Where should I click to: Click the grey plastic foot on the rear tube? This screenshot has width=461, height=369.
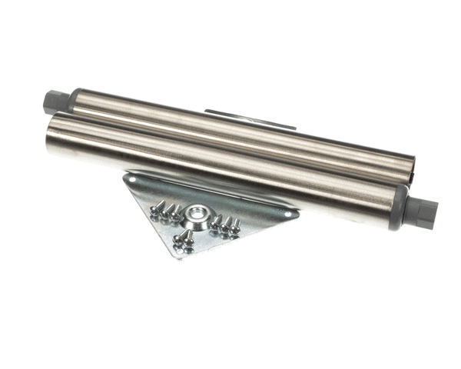[55, 101]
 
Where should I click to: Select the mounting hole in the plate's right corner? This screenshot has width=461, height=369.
[288, 214]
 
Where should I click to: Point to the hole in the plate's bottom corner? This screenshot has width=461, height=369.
[179, 251]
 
